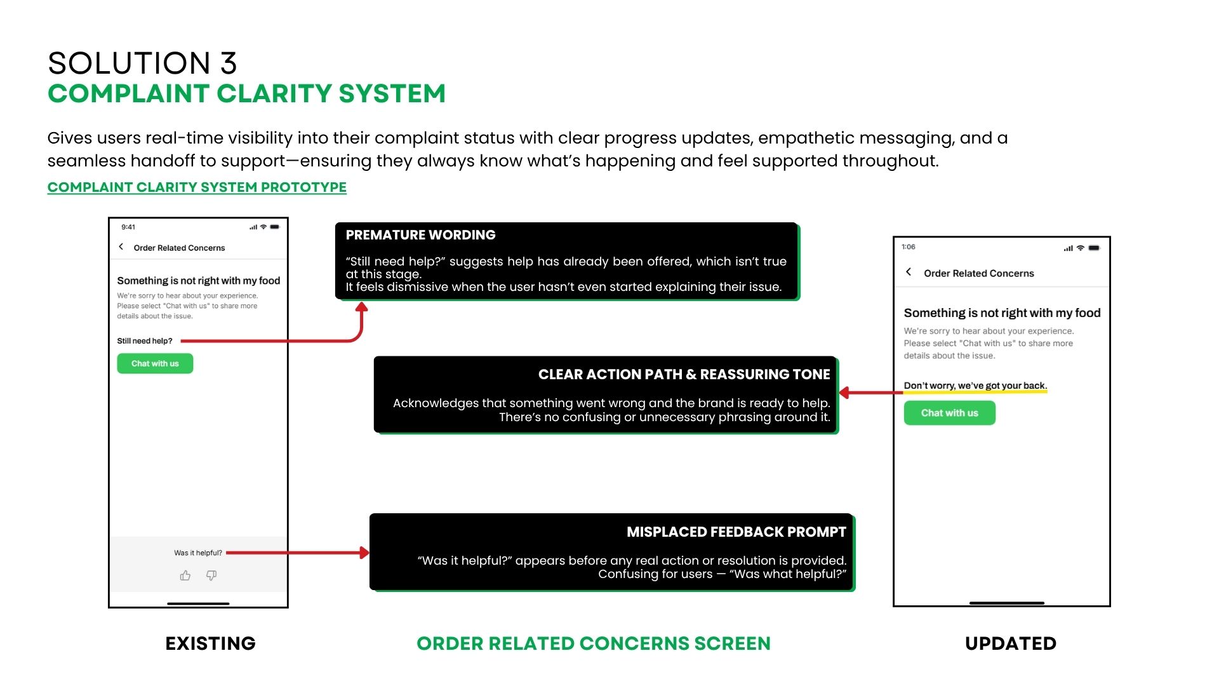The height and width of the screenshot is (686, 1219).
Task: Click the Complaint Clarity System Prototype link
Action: coord(197,187)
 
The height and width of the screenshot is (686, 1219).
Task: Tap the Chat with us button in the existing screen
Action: coord(155,363)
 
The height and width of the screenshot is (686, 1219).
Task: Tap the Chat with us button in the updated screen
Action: coord(949,413)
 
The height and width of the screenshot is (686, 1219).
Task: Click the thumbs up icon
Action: coord(185,575)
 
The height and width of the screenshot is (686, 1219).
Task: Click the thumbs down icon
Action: coord(211,575)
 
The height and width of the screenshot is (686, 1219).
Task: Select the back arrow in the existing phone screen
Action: coord(121,247)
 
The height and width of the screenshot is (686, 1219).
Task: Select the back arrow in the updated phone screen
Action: coord(909,272)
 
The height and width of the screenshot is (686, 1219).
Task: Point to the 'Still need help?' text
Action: coord(145,341)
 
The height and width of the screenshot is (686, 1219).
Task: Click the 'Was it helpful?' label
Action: coord(198,553)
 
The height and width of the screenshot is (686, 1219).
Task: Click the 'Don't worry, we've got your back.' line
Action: coord(975,386)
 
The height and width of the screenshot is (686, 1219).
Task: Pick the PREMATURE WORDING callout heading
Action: coord(420,235)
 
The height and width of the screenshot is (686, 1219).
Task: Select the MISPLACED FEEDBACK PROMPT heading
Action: coord(736,532)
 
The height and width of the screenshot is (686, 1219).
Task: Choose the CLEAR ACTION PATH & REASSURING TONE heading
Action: coord(684,375)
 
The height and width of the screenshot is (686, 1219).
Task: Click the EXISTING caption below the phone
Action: coord(210,643)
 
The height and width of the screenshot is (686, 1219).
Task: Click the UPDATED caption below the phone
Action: coord(1011,643)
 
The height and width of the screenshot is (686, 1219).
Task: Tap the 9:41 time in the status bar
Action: coord(128,227)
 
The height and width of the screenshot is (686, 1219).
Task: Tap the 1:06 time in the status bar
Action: coord(909,247)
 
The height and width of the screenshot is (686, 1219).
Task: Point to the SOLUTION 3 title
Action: coord(142,64)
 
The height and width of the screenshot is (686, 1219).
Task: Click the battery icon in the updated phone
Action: coord(1094,248)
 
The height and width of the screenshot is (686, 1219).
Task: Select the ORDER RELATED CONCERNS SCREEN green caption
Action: coord(594,643)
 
